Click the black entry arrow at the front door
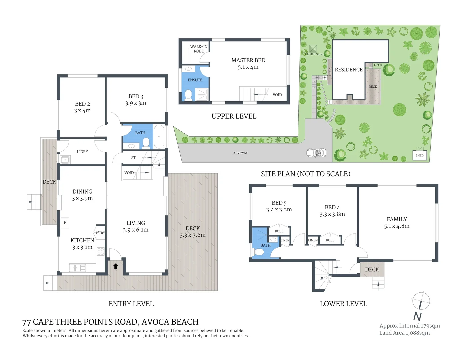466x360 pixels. [116, 266]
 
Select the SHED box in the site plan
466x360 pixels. [420, 155]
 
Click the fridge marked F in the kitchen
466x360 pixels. [65, 223]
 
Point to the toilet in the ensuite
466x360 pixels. [188, 95]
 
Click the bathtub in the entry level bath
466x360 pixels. [159, 137]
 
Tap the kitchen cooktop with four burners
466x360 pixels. [101, 252]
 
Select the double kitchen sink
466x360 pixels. [77, 268]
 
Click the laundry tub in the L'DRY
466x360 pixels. [65, 160]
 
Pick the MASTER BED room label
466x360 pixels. [248, 60]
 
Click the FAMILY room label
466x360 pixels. [397, 219]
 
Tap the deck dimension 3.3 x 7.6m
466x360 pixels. [193, 235]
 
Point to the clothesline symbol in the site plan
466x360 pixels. [313, 48]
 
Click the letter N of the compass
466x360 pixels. [417, 316]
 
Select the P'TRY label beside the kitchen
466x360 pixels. [100, 233]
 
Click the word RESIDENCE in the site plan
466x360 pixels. [349, 69]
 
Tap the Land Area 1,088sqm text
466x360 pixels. [404, 333]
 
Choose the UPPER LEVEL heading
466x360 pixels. [234, 116]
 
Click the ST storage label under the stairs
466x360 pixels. [133, 158]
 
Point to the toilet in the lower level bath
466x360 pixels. [258, 252]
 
